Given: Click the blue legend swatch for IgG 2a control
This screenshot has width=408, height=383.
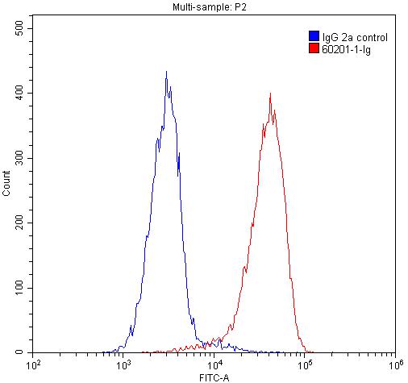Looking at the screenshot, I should click(x=313, y=36).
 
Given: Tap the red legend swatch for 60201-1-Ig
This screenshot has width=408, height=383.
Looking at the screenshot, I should click(x=313, y=48).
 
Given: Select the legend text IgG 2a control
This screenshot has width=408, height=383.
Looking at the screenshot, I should click(x=354, y=37).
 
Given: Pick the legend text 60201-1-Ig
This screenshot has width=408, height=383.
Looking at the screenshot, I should click(x=345, y=49).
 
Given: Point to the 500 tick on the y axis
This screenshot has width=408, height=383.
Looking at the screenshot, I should click(x=18, y=28).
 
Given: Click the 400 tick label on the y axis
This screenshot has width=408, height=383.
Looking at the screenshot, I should click(x=18, y=94).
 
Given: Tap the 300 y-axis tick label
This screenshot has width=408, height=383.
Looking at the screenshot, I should click(x=18, y=158).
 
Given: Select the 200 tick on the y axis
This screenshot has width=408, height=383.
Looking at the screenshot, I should click(x=18, y=223).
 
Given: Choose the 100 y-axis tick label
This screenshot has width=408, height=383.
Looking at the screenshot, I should click(x=18, y=288).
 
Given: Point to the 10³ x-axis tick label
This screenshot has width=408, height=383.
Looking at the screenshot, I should click(x=124, y=365).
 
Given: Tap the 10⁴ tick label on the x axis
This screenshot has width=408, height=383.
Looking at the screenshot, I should click(x=214, y=365).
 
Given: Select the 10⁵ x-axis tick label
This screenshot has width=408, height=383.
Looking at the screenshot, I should click(x=305, y=365).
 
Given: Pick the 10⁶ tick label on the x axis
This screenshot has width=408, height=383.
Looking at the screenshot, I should click(x=394, y=365).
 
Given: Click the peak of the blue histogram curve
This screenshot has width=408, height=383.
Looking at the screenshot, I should click(x=166, y=72).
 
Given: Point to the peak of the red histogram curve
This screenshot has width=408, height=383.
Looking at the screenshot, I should click(x=270, y=94).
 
